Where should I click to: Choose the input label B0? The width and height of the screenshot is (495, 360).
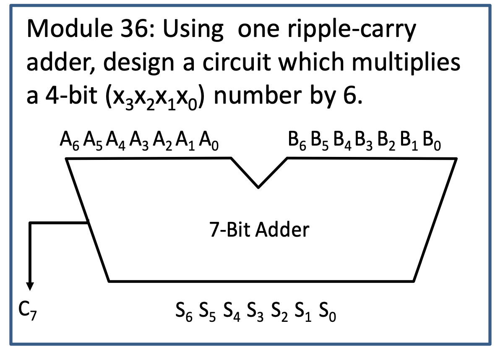(x=432, y=141)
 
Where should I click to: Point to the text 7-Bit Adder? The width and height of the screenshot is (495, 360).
(x=259, y=230)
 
